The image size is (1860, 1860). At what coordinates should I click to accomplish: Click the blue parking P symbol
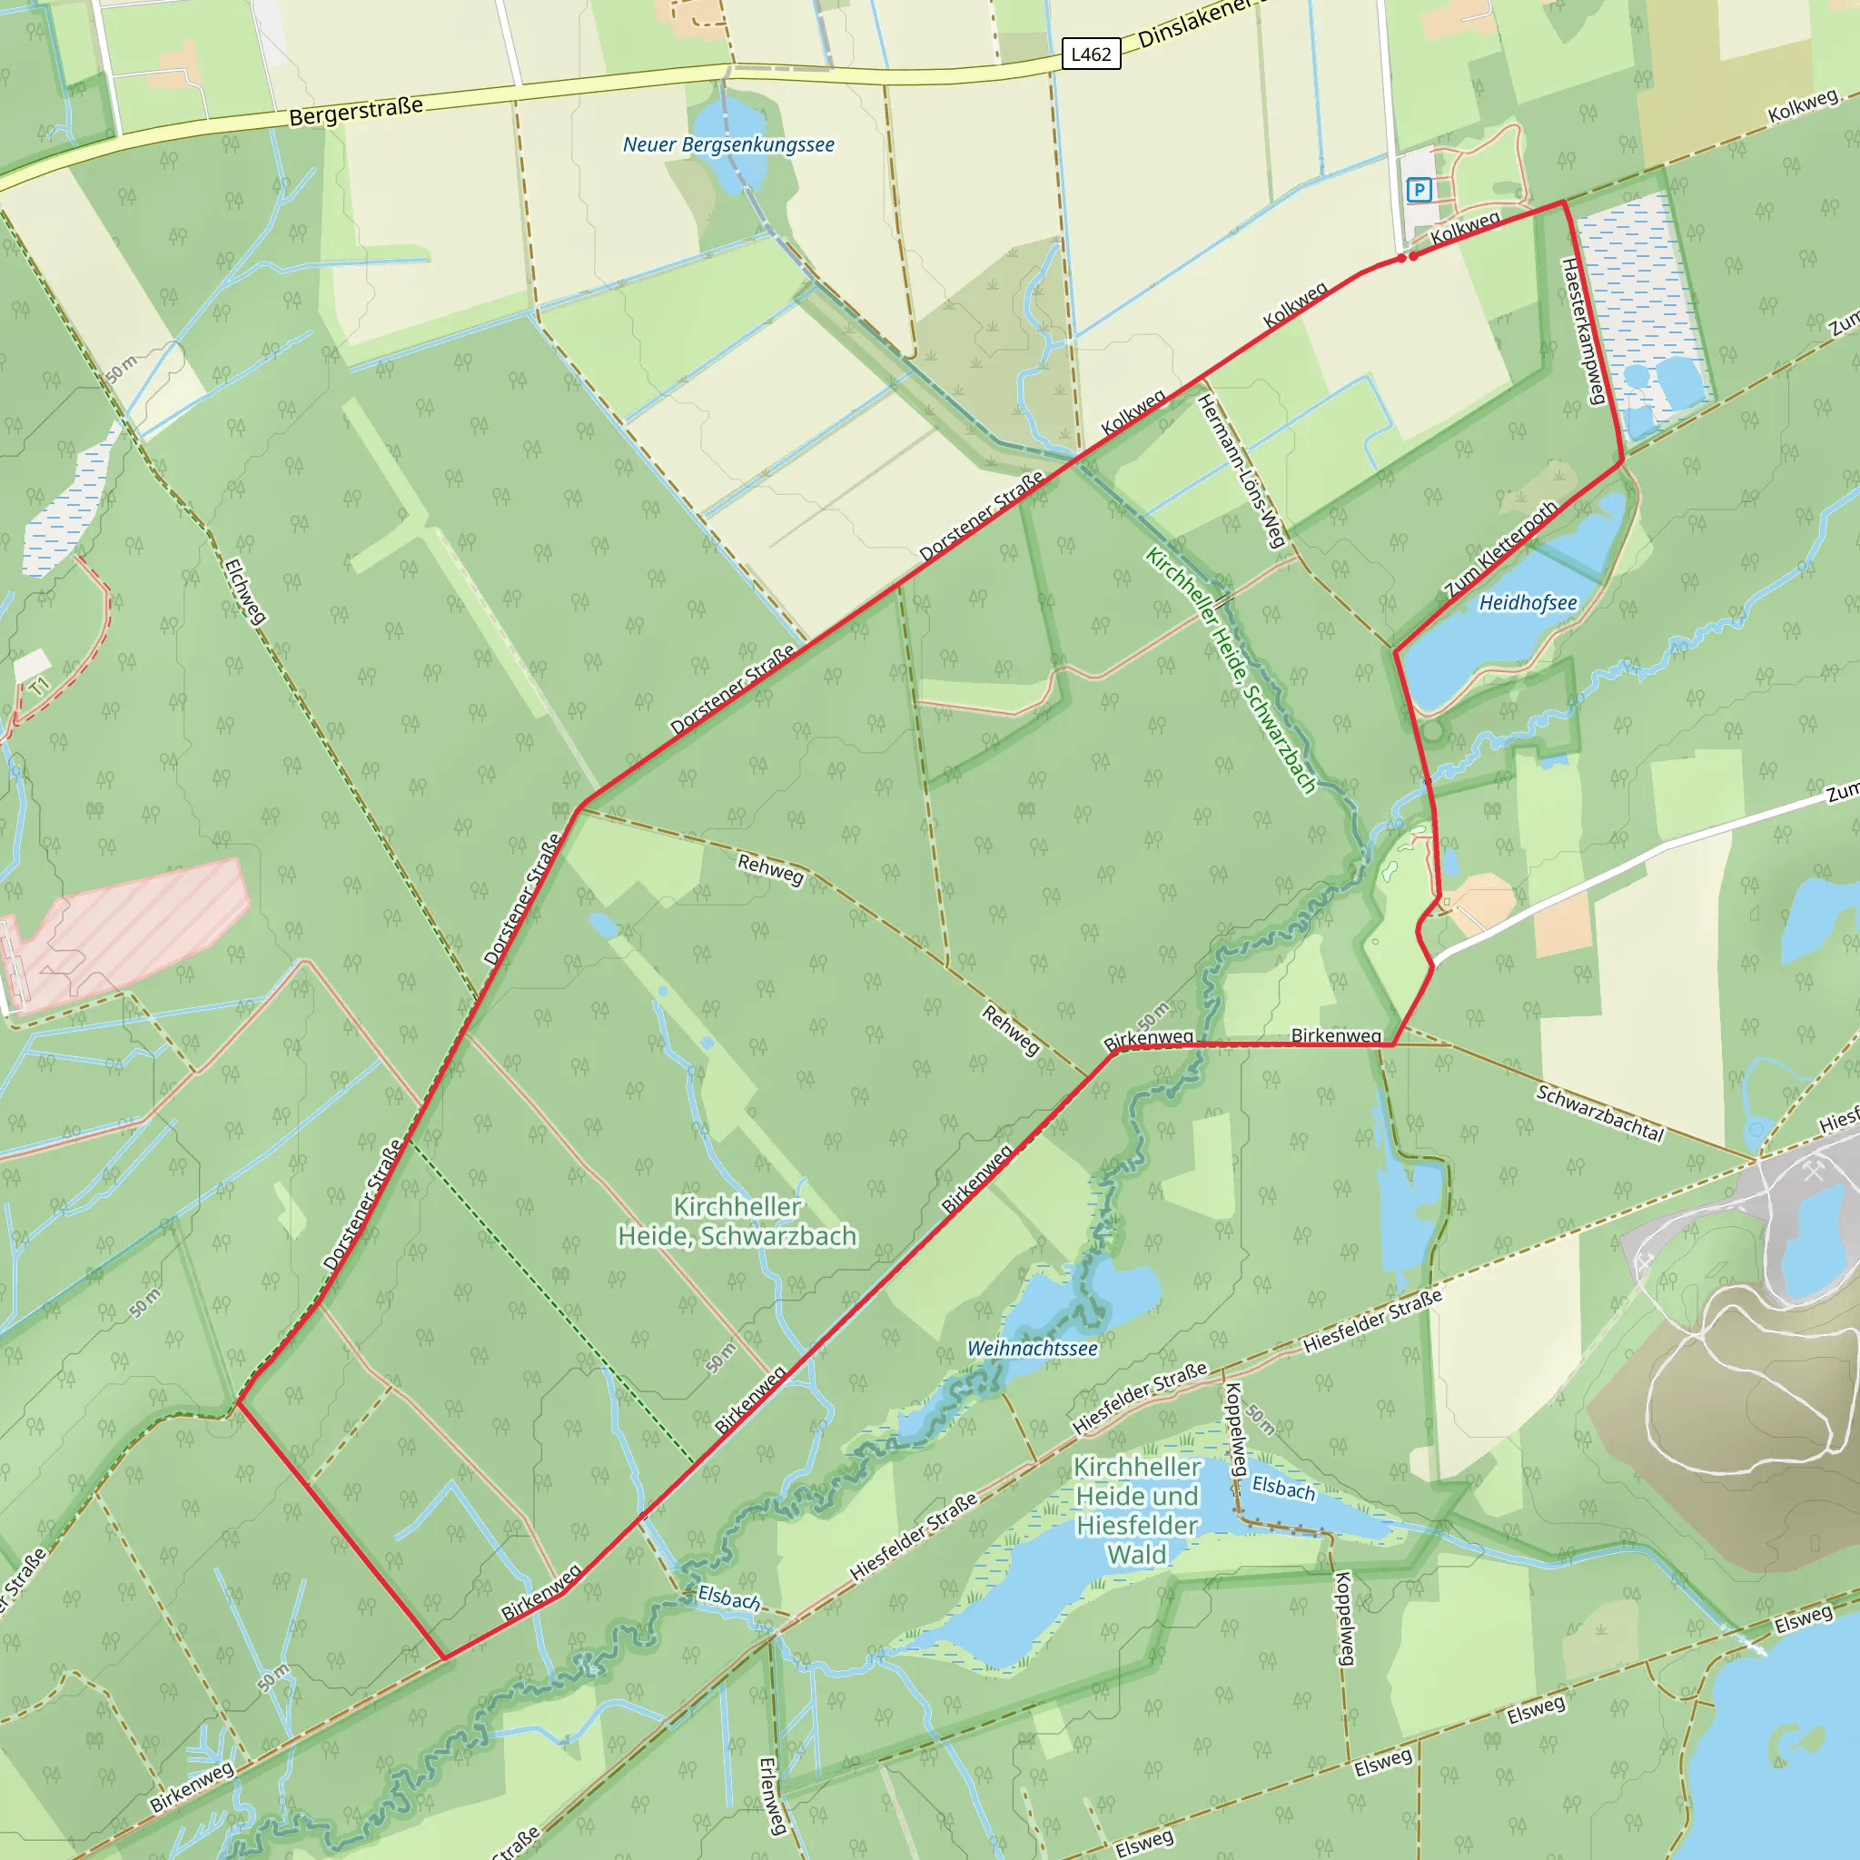point(1418,190)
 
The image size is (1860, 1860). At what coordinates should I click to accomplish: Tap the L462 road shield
point(1091,54)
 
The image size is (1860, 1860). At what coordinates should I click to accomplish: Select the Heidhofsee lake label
point(1528,604)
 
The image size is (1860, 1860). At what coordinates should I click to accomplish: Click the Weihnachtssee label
point(1032,1349)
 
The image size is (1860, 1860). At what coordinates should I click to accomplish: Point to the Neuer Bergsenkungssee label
point(727,145)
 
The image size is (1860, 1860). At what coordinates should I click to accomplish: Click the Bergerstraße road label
point(356,111)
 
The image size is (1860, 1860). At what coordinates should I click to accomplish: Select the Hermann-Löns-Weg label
point(1241,470)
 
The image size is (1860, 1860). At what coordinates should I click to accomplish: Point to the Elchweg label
point(244,592)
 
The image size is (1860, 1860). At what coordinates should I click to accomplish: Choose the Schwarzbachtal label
point(1599,1113)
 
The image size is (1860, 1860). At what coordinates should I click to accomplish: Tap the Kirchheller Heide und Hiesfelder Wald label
point(1137,1510)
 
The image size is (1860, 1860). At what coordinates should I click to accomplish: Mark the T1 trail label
point(38,687)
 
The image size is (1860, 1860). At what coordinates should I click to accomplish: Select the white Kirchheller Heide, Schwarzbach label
point(737,1221)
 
